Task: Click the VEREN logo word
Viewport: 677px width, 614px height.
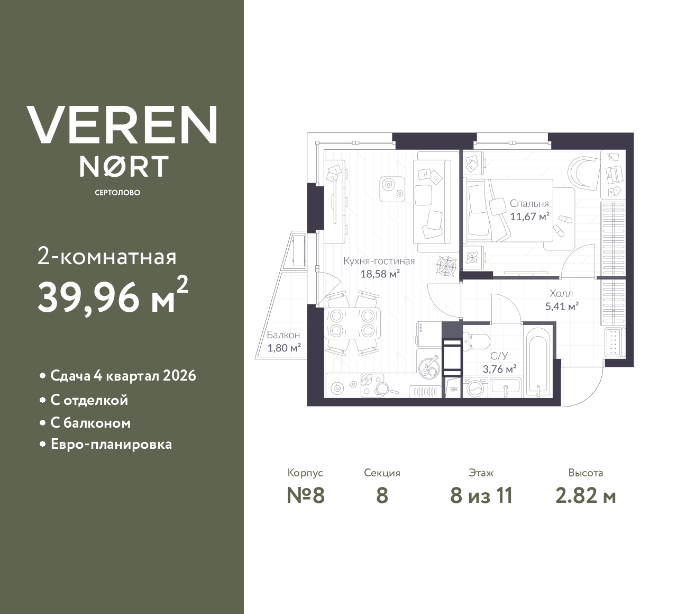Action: pyautogui.click(x=122, y=124)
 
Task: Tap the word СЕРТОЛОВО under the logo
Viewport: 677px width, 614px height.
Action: pyautogui.click(x=117, y=193)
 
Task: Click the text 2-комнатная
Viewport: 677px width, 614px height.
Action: pyautogui.click(x=107, y=257)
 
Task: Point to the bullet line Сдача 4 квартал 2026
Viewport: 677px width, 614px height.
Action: pyautogui.click(x=123, y=376)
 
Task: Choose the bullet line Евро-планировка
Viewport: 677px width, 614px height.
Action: pyautogui.click(x=111, y=444)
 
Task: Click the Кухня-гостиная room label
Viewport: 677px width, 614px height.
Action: pyautogui.click(x=379, y=261)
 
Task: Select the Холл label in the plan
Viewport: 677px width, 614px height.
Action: pyautogui.click(x=561, y=293)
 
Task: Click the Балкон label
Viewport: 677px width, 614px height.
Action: pyautogui.click(x=283, y=335)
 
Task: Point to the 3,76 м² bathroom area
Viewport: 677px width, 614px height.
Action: pyautogui.click(x=499, y=369)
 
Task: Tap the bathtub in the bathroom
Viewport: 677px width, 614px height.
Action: pyautogui.click(x=539, y=362)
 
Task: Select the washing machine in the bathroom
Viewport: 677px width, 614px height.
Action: pyautogui.click(x=475, y=387)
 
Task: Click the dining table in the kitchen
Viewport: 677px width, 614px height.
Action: pyautogui.click(x=352, y=323)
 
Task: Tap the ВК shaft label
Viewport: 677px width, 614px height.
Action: pyautogui.click(x=454, y=390)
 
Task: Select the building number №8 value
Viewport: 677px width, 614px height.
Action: pyautogui.click(x=305, y=496)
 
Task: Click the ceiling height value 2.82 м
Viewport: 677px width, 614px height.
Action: pyautogui.click(x=585, y=496)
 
